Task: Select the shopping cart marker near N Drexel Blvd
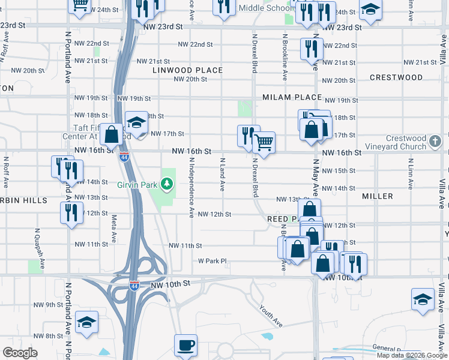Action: click(x=264, y=143)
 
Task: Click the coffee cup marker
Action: click(x=185, y=346)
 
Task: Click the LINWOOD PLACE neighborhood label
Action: click(x=187, y=70)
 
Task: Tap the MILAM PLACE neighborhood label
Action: click(x=292, y=97)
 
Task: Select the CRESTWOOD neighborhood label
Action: click(x=396, y=77)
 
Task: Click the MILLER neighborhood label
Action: click(x=378, y=196)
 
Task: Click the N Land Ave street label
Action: click(x=222, y=175)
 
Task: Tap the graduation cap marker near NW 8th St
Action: click(x=87, y=323)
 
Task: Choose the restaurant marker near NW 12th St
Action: click(x=71, y=212)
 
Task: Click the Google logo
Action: click(x=20, y=353)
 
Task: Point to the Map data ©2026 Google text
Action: click(x=412, y=355)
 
